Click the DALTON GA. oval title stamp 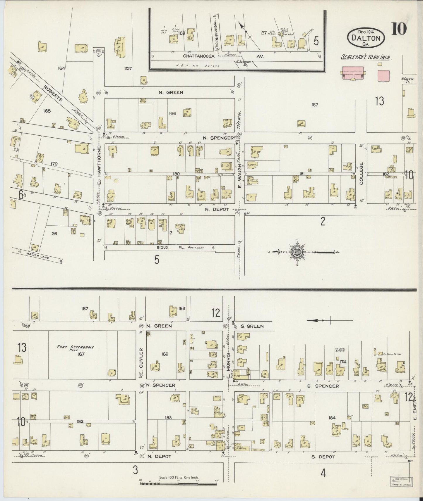point(366,37)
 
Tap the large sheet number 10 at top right point(399,29)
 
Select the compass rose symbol point(298,252)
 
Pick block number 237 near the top point(128,68)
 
